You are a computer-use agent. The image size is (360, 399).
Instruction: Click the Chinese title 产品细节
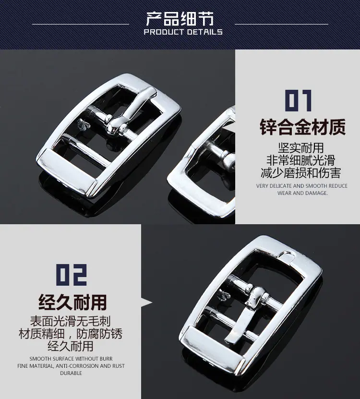(180, 19)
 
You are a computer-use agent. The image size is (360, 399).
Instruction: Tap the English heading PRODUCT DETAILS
(183, 32)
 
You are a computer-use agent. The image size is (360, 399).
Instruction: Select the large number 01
(299, 100)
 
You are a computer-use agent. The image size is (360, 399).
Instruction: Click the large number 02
(72, 275)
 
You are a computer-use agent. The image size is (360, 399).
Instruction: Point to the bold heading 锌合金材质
(302, 127)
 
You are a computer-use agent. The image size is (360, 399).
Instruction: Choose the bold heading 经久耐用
(72, 302)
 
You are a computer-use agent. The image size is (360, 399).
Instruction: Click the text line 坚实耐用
(301, 148)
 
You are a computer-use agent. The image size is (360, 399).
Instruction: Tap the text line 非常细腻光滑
(301, 160)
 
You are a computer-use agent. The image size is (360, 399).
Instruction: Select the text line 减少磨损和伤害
(301, 173)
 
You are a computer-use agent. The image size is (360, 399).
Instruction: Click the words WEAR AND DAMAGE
(302, 193)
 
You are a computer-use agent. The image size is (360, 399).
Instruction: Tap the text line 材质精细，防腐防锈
(71, 333)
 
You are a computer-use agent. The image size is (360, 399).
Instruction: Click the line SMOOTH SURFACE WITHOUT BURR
(71, 359)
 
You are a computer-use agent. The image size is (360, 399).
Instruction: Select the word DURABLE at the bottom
(71, 373)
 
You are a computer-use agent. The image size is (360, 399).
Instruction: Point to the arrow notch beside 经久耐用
(146, 302)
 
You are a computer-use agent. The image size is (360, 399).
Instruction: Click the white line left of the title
(81, 24)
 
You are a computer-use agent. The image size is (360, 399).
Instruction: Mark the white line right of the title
(281, 24)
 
